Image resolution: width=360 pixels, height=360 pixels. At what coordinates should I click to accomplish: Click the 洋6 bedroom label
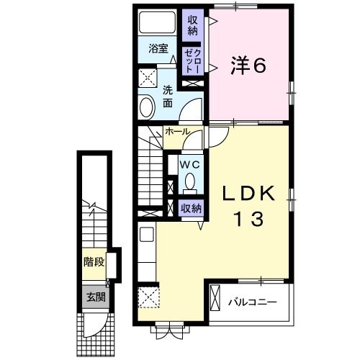(x=248, y=66)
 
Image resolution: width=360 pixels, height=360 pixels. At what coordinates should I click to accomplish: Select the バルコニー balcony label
(x=253, y=301)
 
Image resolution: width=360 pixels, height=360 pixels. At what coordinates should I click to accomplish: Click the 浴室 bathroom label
(x=158, y=49)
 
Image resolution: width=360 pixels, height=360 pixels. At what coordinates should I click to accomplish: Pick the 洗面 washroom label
(x=167, y=97)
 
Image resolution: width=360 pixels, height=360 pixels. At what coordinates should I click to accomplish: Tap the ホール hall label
(x=177, y=132)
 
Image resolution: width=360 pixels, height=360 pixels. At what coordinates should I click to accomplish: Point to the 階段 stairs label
(x=94, y=261)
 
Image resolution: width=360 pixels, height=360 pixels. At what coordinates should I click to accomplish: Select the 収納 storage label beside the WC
(x=190, y=209)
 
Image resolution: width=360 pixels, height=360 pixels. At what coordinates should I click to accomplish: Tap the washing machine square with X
(x=148, y=78)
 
